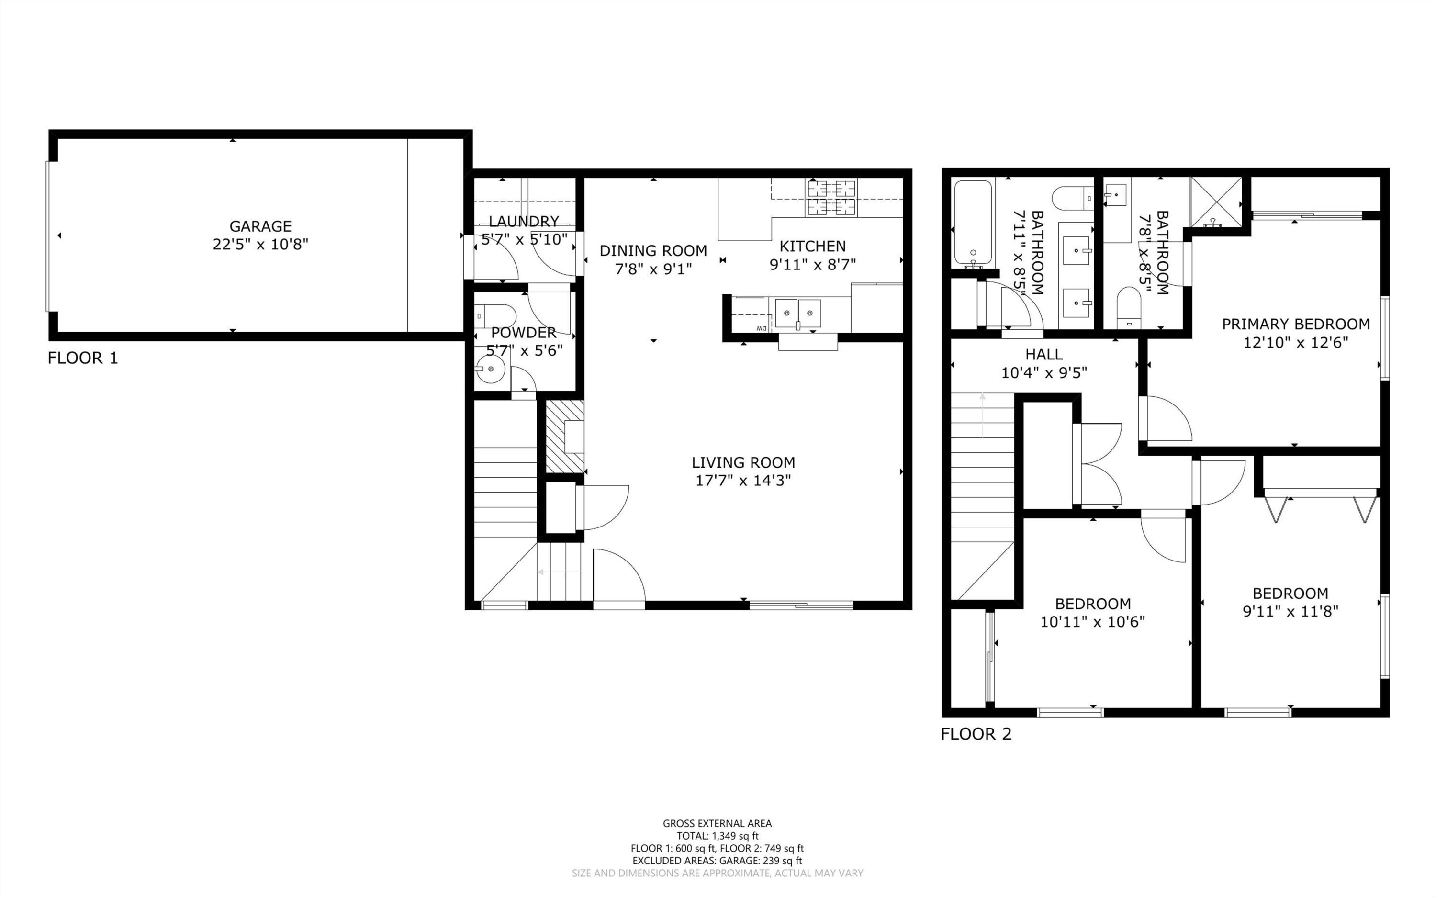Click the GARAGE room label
pyautogui.click(x=260, y=226)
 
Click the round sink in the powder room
pyautogui.click(x=490, y=370)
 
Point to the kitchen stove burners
pyautogui.click(x=831, y=198)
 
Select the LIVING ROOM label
pyautogui.click(x=743, y=462)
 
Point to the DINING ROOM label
pyautogui.click(x=653, y=250)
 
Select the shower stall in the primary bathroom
pyautogui.click(x=1215, y=202)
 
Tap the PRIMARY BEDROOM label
pyautogui.click(x=1296, y=324)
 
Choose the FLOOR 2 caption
pyautogui.click(x=976, y=734)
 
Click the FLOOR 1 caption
pyautogui.click(x=83, y=358)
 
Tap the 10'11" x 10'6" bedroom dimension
pyautogui.click(x=1093, y=622)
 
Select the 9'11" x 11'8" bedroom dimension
pyautogui.click(x=1290, y=611)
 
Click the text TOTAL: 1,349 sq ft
pyautogui.click(x=718, y=836)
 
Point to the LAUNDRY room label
pyautogui.click(x=524, y=221)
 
